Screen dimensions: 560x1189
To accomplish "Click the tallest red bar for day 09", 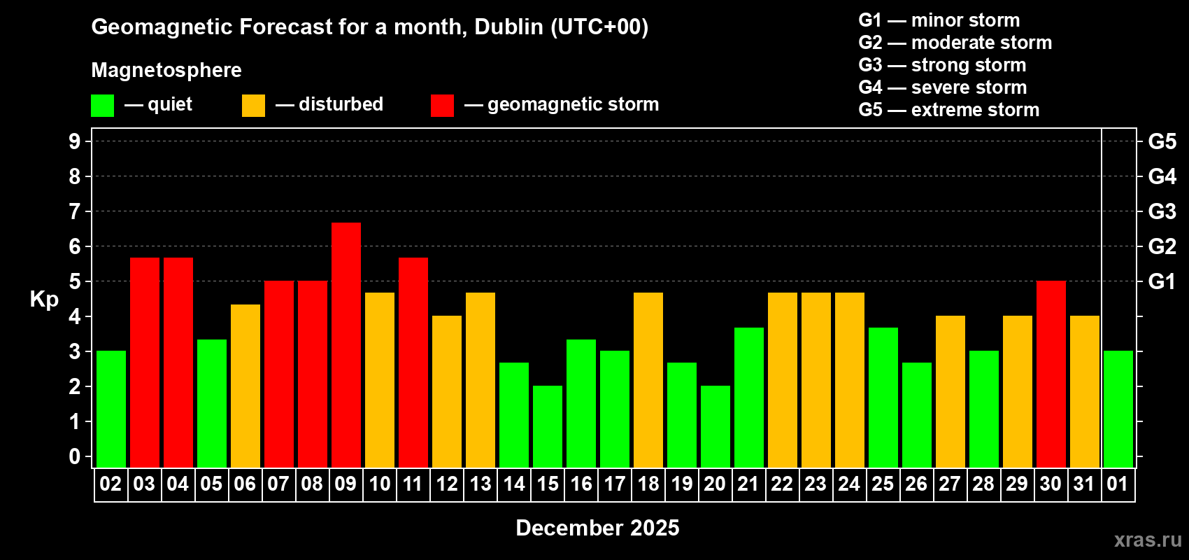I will pos(346,344).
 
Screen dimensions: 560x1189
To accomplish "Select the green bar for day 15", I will pos(548,426).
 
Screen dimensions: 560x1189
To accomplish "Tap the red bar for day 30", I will pos(1051,374).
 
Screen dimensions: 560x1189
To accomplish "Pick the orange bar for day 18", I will pos(648,379).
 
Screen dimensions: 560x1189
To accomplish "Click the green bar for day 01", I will pos(1118,409).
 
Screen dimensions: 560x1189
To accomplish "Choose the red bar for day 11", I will pos(413,362).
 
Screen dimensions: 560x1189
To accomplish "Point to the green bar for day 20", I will pos(715,426).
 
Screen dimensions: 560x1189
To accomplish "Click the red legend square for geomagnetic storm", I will pos(442,106).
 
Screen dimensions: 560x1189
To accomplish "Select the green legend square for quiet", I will pos(103,106).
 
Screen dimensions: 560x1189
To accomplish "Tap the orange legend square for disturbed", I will pos(253,106).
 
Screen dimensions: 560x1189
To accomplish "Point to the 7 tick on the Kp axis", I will pos(75,211).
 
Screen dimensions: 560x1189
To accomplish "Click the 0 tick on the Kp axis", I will pos(75,456).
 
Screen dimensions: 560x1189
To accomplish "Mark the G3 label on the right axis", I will pos(1162,211).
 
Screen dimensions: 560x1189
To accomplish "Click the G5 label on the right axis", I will pos(1162,141).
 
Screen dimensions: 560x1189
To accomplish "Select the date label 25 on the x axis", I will pos(883,484).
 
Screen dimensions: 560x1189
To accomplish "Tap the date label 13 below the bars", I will pos(480,484).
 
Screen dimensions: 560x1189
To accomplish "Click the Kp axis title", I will pos(44,299).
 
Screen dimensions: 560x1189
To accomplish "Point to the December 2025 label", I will pos(597,528).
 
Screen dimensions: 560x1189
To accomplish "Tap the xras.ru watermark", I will pos(1148,540).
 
